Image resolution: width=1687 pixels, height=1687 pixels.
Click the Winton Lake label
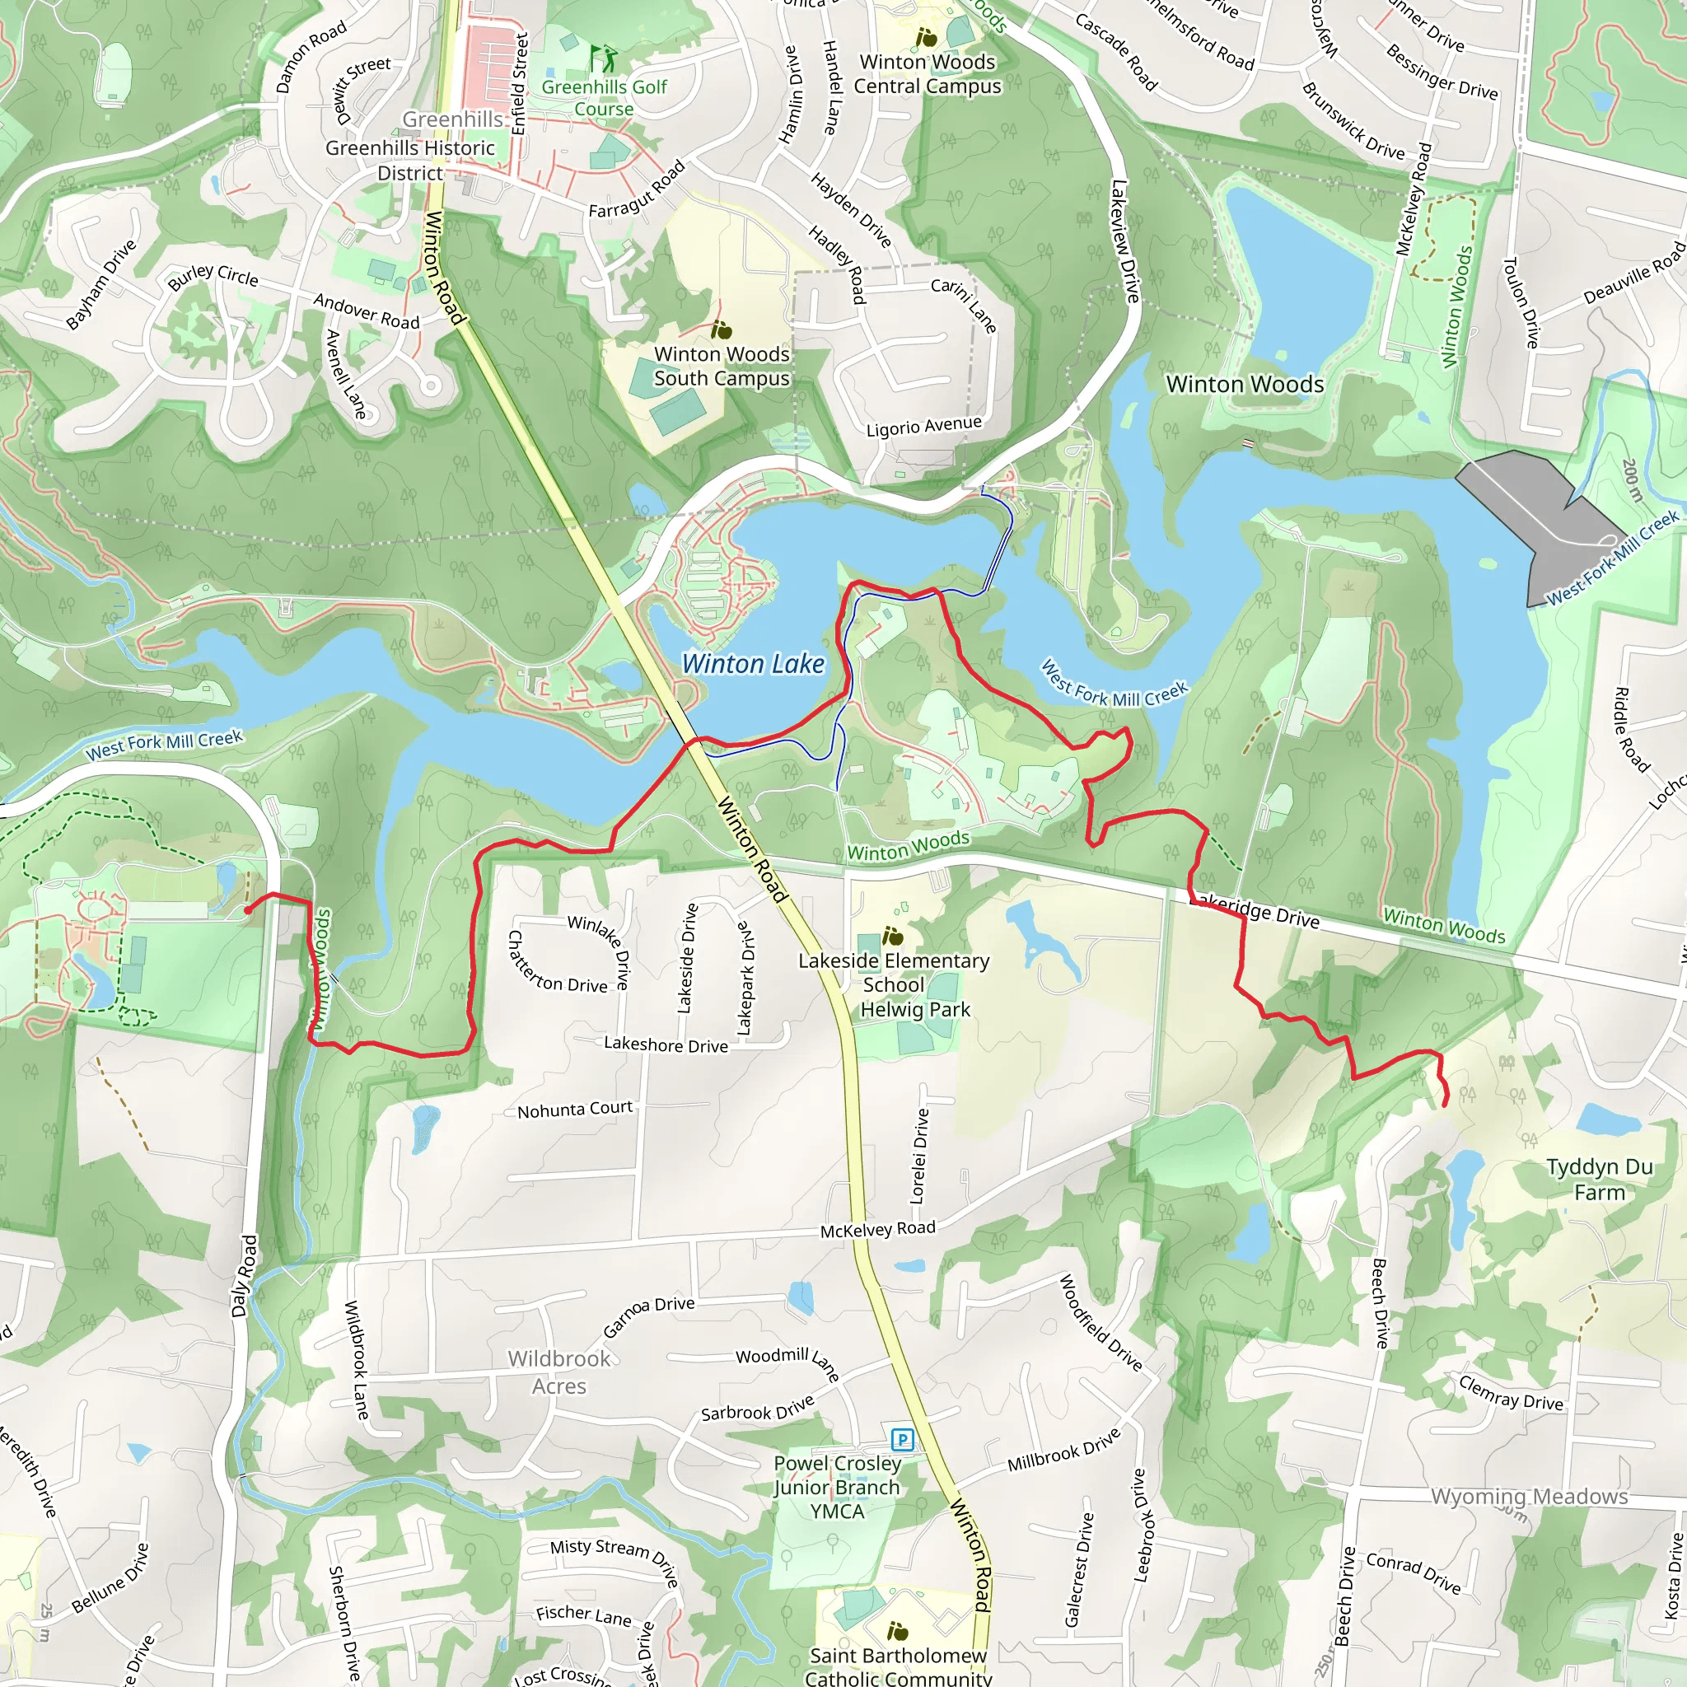[753, 665]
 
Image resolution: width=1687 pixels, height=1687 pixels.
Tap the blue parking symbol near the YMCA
[902, 1439]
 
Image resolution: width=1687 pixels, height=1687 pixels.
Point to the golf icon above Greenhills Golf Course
[602, 59]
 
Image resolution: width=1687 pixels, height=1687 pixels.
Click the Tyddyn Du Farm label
[1599, 1180]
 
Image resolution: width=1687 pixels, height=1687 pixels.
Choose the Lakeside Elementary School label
[893, 973]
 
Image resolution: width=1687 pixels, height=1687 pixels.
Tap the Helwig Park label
[915, 1009]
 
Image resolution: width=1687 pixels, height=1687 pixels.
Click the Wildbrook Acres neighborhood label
[558, 1372]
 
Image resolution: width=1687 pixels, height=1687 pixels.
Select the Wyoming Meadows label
[1529, 1496]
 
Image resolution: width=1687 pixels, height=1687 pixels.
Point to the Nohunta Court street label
[575, 1109]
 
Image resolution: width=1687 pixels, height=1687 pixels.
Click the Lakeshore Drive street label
[666, 1044]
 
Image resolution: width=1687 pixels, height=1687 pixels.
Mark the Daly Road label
[245, 1276]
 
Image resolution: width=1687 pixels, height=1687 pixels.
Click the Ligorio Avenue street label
[924, 426]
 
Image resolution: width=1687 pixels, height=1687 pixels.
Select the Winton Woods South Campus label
[722, 366]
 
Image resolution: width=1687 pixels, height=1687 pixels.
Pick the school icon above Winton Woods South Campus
[722, 329]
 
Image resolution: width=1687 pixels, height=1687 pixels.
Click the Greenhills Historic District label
[409, 160]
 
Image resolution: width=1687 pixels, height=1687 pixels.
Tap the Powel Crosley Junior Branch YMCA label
[837, 1487]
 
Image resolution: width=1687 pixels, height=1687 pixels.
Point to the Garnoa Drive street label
[649, 1318]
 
